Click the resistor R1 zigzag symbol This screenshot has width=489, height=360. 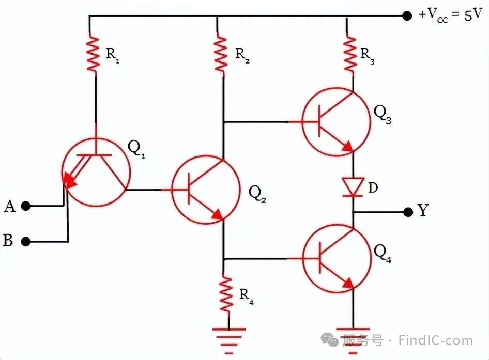[93, 54]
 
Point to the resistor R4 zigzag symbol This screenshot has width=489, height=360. [226, 293]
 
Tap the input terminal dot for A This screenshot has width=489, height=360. [25, 206]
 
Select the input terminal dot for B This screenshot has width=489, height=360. [25, 242]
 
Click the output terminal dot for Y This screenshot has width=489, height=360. [408, 212]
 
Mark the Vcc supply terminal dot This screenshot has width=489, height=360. [407, 15]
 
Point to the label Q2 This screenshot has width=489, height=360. [257, 194]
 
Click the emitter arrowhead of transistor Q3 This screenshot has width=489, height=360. [348, 147]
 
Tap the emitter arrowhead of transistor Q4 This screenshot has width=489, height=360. [348, 284]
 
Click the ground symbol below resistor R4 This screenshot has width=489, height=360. [228, 341]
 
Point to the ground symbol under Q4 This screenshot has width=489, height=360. [353, 341]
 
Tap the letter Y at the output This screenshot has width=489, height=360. [423, 210]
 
